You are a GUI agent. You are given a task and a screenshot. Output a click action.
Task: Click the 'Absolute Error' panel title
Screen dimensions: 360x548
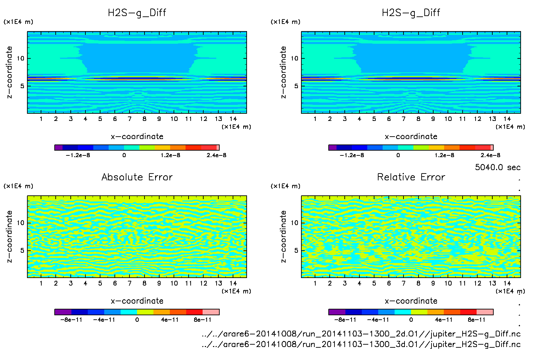[x=137, y=177]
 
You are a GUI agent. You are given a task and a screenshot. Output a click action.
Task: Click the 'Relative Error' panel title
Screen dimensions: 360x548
[x=411, y=177]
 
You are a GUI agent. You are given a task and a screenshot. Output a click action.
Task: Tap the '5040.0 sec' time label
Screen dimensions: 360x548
[x=497, y=167]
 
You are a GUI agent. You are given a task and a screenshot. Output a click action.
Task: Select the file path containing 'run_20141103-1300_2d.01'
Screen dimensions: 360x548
[x=361, y=334]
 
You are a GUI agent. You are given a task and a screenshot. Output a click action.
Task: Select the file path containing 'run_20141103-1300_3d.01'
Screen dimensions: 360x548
[x=361, y=344]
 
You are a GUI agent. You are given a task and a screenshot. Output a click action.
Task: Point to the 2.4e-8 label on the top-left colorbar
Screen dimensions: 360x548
[x=216, y=155]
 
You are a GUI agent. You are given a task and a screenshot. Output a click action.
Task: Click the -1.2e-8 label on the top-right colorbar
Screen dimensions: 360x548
[x=352, y=155]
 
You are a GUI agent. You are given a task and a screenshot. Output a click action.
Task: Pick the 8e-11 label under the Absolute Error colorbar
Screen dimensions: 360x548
[x=203, y=320]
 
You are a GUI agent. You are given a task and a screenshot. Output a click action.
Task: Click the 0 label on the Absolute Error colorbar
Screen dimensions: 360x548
[x=137, y=320]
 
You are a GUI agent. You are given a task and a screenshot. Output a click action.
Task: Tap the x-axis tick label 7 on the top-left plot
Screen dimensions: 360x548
[x=129, y=119]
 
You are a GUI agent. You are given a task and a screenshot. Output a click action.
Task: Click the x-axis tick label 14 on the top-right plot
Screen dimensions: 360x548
[x=507, y=119]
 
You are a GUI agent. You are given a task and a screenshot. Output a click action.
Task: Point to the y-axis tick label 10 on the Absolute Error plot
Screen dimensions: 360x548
[x=20, y=223]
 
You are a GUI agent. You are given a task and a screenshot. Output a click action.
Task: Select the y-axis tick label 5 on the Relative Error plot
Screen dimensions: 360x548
[x=296, y=250]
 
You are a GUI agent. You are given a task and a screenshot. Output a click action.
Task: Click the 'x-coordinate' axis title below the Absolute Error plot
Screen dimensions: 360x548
[x=137, y=301]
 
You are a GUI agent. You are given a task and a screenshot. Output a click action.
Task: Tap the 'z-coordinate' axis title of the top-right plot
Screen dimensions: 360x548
[x=283, y=72]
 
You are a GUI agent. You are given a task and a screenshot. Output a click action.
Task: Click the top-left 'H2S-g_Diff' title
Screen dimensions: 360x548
[x=137, y=13]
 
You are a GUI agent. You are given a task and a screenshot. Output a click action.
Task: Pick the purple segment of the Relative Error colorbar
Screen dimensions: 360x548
[x=337, y=312]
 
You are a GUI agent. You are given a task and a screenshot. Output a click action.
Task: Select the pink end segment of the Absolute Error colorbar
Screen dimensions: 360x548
[x=211, y=312]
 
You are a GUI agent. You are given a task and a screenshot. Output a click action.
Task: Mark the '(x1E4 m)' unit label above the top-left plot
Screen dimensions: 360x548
[x=18, y=22]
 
